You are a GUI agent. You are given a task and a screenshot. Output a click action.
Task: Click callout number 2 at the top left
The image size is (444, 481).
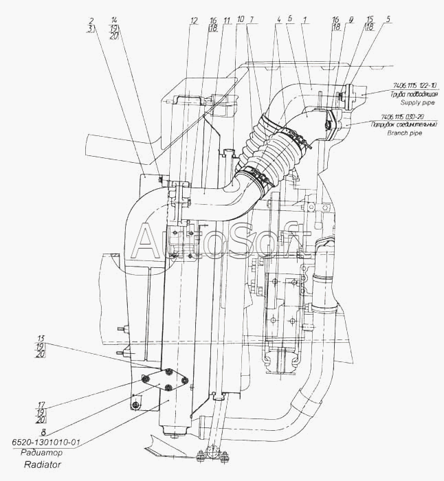click(x=91, y=21)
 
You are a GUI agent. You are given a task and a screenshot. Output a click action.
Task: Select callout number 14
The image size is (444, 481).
click(x=113, y=21)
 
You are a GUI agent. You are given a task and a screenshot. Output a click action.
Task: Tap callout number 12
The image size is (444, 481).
click(x=195, y=21)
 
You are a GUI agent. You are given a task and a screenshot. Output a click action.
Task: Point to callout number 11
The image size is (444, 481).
click(x=225, y=21)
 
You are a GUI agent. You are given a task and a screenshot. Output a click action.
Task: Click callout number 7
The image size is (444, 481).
click(x=253, y=21)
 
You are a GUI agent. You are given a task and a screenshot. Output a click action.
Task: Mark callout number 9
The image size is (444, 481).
click(x=351, y=21)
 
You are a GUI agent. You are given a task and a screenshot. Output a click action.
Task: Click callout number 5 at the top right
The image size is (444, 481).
click(x=388, y=21)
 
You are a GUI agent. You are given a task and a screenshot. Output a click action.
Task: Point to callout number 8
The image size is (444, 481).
click(x=43, y=432)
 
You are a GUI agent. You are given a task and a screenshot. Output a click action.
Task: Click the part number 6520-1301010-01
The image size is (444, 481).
click(x=43, y=443)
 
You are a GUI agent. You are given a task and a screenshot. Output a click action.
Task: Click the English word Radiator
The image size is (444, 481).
click(x=43, y=465)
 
